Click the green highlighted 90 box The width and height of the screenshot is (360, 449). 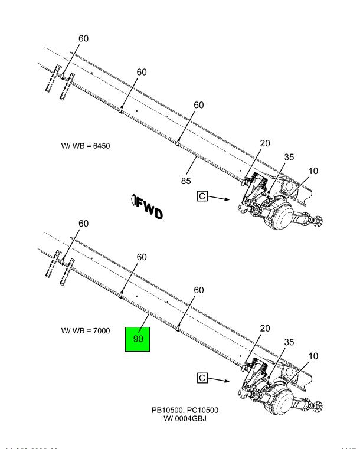coord(138,339)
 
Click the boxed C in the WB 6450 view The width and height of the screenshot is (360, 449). coord(203,195)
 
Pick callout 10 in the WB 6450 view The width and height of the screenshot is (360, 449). coord(313,171)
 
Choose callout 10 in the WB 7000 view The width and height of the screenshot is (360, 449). coord(313,356)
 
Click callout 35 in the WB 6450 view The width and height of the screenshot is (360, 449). coord(289,157)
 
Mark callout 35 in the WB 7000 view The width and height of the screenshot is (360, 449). coord(289,342)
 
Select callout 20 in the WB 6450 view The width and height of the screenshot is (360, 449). coord(265,143)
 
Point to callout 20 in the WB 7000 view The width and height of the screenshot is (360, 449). coord(265,329)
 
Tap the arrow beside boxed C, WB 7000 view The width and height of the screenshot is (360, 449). coord(221,382)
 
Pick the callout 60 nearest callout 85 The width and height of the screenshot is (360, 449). coord(199,105)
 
